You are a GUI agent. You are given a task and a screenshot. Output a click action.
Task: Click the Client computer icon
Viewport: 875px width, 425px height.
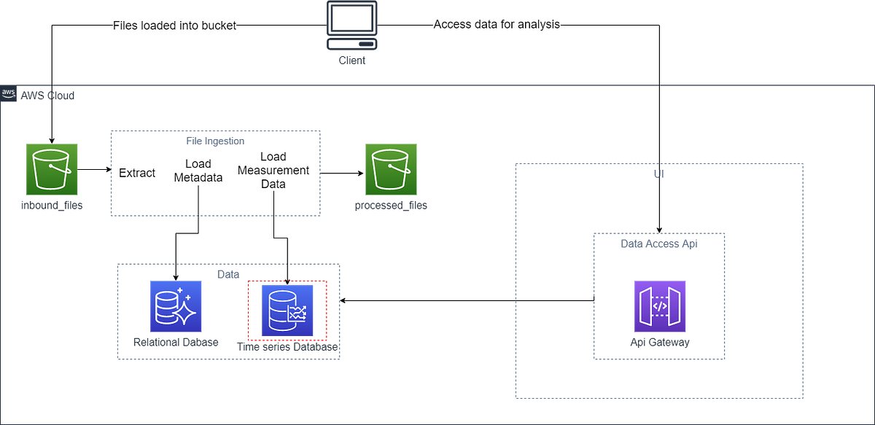351,27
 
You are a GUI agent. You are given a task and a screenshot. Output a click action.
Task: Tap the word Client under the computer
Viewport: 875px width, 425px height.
351,60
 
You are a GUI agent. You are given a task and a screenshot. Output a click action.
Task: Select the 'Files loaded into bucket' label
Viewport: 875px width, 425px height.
175,26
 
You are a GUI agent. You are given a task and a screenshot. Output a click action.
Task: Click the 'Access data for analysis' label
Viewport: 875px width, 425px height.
498,24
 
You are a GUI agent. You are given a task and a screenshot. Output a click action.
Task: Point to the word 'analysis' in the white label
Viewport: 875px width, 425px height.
540,24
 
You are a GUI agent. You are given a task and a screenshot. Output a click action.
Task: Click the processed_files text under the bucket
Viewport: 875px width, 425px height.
391,206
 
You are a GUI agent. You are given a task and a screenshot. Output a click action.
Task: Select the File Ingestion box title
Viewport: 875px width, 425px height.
215,140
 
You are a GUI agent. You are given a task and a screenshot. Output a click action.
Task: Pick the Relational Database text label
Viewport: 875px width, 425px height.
176,343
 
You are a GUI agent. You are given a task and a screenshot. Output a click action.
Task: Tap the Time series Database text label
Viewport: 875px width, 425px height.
287,348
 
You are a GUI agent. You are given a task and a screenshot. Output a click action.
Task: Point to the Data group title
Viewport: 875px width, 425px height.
229,273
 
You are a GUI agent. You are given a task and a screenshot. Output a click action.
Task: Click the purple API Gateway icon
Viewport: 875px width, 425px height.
659,307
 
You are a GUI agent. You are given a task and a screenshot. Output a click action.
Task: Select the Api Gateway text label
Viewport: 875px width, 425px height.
659,343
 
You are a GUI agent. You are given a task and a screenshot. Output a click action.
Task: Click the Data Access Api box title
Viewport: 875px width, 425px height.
659,244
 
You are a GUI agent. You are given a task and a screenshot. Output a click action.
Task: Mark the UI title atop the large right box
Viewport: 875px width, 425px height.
659,175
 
